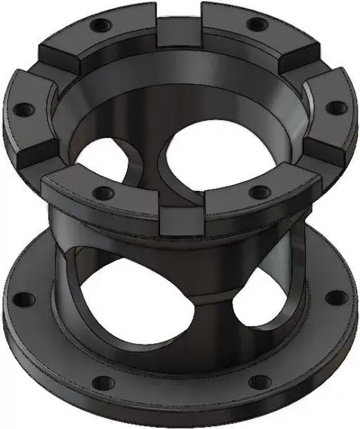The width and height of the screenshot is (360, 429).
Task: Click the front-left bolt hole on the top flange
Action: pyautogui.click(x=103, y=192)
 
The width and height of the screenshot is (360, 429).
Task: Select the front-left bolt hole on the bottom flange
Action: pyautogui.click(x=101, y=380)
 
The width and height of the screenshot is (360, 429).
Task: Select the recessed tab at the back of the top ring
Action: pyautogui.click(x=178, y=30)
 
